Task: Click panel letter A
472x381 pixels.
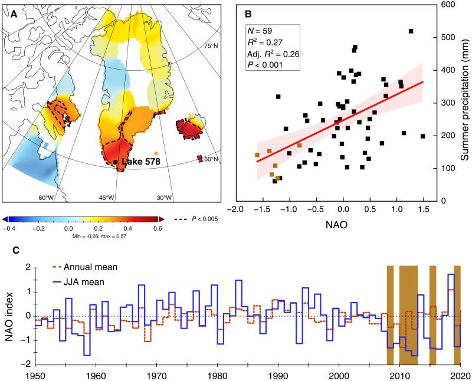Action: [x=9, y=15]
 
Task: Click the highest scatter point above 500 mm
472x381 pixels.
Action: [x=411, y=31]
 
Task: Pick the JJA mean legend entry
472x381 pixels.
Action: [x=66, y=282]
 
